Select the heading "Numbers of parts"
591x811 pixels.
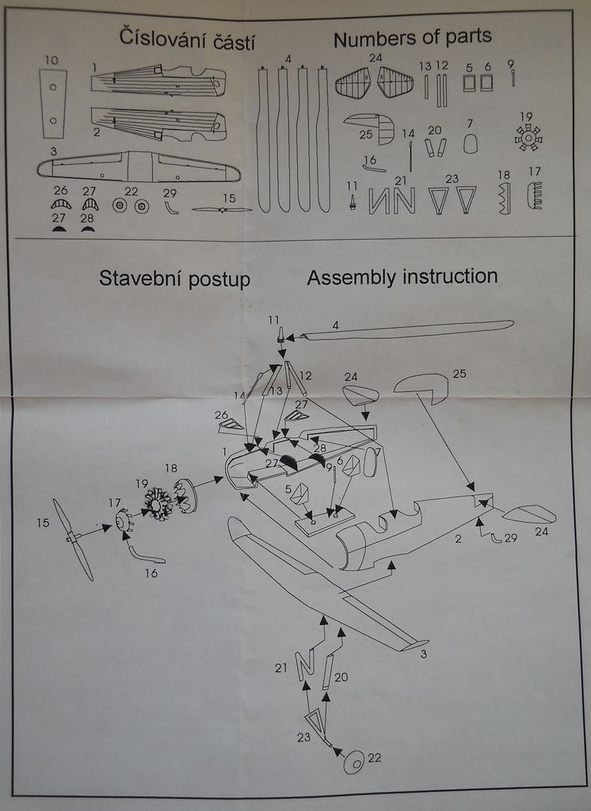click(412, 37)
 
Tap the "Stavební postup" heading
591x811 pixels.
click(174, 279)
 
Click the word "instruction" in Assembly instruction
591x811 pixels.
click(450, 277)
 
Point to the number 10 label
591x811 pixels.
click(51, 60)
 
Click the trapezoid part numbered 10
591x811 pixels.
click(52, 103)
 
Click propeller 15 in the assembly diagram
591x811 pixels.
click(72, 539)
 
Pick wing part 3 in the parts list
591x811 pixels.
click(139, 166)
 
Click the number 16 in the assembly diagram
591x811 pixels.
click(151, 573)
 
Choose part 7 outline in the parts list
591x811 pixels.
click(470, 143)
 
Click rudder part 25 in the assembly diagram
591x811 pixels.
click(421, 384)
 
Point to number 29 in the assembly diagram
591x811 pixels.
click(510, 539)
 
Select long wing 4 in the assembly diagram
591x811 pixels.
click(408, 329)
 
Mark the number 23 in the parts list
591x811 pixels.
click(452, 179)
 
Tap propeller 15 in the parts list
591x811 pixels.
click(223, 210)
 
